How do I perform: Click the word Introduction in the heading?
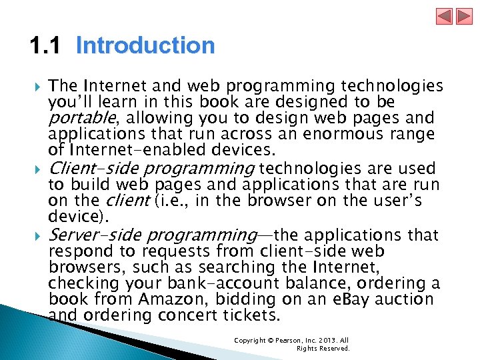pos(145,46)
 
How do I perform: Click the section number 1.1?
pos(45,46)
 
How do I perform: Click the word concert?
pos(183,316)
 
